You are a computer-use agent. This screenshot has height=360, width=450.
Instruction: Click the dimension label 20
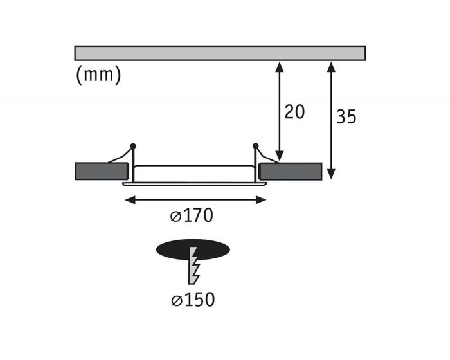tap(294, 112)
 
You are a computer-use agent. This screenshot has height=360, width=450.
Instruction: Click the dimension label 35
tap(346, 116)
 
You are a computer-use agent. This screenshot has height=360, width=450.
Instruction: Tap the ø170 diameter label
tap(192, 215)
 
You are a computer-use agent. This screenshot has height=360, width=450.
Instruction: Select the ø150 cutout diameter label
tap(193, 300)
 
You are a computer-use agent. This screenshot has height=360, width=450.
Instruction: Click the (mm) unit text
tap(99, 75)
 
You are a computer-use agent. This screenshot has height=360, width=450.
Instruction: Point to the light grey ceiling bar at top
tap(220, 53)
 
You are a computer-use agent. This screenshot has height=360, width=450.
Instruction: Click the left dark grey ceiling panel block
tap(102, 171)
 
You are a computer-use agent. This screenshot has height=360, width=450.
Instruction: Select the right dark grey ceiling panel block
tap(290, 171)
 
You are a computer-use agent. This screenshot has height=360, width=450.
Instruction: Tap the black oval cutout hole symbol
tap(193, 249)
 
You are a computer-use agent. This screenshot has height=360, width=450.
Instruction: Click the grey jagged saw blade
tap(194, 265)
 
